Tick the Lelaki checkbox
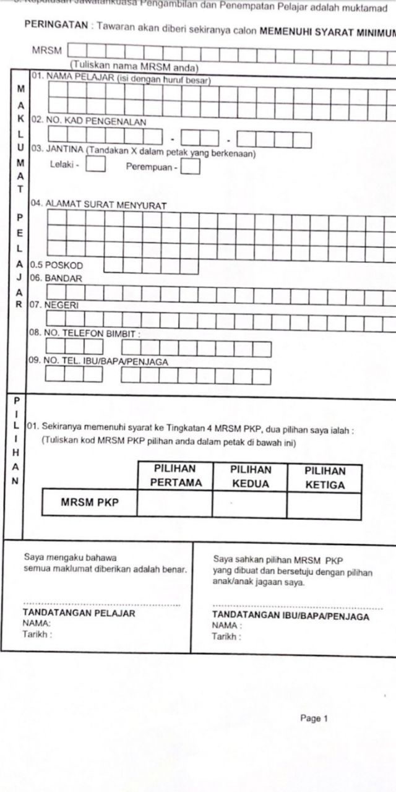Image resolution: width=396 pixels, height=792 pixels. [95, 165]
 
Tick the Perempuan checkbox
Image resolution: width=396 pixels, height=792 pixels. [191, 166]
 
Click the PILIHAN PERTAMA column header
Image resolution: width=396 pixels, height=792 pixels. [175, 476]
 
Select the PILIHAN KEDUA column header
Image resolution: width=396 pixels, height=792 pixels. [250, 476]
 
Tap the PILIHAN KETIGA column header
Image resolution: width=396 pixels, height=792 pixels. [325, 478]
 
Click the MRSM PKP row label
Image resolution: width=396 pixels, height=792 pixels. [89, 502]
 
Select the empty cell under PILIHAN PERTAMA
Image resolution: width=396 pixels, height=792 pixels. [175, 503]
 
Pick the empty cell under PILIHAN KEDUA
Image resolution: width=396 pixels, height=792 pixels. [250, 504]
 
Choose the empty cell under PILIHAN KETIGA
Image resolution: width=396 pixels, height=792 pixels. [325, 506]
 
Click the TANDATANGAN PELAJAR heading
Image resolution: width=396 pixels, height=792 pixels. [79, 614]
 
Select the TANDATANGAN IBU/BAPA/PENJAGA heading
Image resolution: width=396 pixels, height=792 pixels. [290, 616]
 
